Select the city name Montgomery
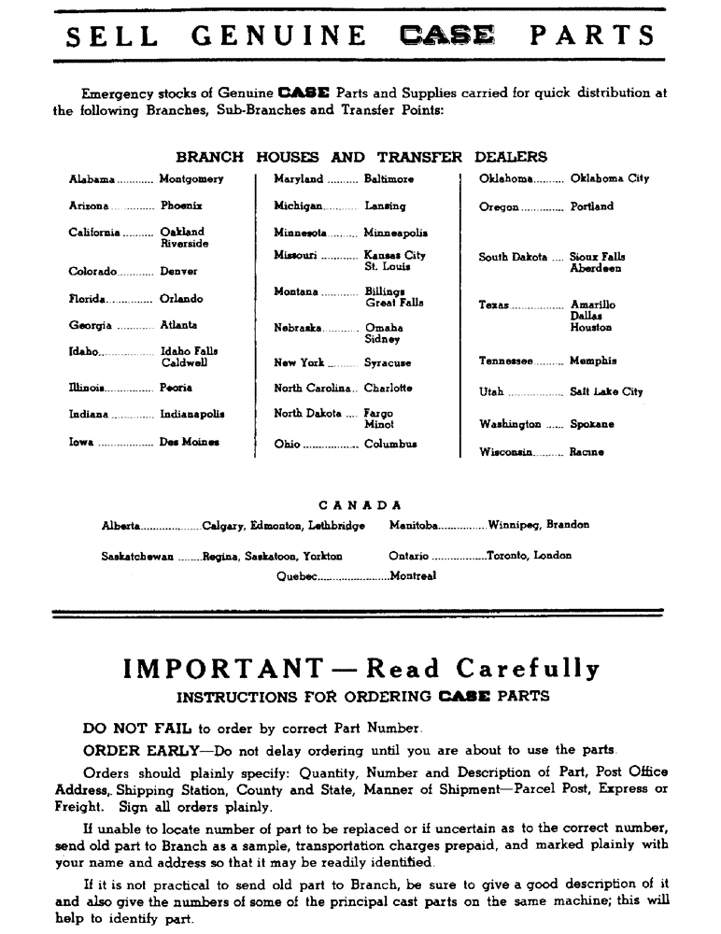pyautogui.click(x=191, y=178)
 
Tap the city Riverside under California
pyautogui.click(x=184, y=244)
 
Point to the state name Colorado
pyautogui.click(x=92, y=272)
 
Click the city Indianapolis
pyautogui.click(x=192, y=414)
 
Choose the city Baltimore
pyautogui.click(x=389, y=178)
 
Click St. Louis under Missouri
pyautogui.click(x=388, y=267)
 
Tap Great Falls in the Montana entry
pyautogui.click(x=393, y=303)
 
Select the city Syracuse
pyautogui.click(x=388, y=362)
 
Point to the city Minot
pyautogui.click(x=378, y=425)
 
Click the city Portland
pyautogui.click(x=592, y=206)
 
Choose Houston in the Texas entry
pyautogui.click(x=591, y=328)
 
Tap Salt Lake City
pyautogui.click(x=606, y=392)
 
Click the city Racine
pyautogui.click(x=587, y=452)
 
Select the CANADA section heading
pyautogui.click(x=360, y=505)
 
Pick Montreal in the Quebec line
pyautogui.click(x=413, y=576)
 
